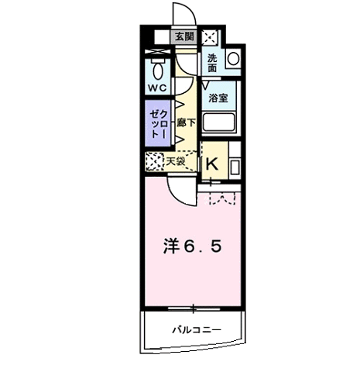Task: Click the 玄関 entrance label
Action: coord(183,36)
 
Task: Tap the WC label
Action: coord(157,88)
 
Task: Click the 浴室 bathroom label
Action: coord(218,98)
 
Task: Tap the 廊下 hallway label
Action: coord(186,122)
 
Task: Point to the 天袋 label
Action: coord(176,161)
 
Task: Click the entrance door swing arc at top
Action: coord(183,14)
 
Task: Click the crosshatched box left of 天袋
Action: coord(153,160)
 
